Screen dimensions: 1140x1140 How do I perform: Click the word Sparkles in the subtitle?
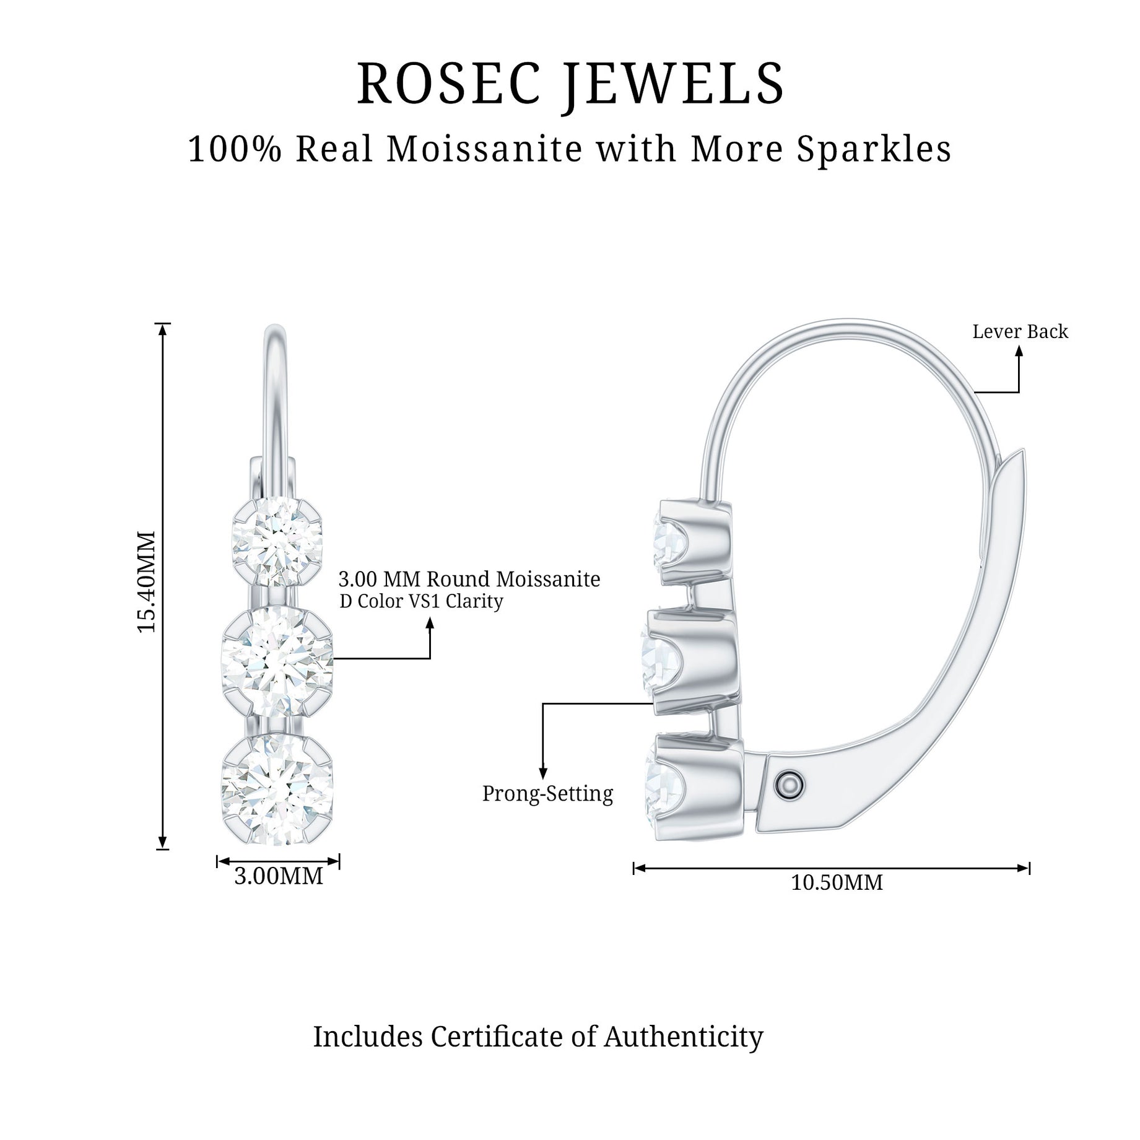pyautogui.click(x=874, y=150)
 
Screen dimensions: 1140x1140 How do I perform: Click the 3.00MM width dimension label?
pyautogui.click(x=279, y=876)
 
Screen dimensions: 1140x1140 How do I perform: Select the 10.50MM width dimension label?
pyautogui.click(x=837, y=882)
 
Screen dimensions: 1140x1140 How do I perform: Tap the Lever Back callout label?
pyautogui.click(x=1020, y=332)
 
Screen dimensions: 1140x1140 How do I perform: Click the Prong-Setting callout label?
pyautogui.click(x=547, y=793)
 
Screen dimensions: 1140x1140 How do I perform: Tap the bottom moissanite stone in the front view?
pyautogui.click(x=277, y=788)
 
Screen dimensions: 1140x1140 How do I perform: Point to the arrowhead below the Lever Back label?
pyautogui.click(x=1019, y=350)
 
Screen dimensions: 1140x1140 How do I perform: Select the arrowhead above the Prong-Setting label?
pyautogui.click(x=543, y=773)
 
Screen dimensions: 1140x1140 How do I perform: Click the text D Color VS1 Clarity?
pyautogui.click(x=421, y=601)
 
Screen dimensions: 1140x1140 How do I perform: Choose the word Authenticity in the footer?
pyautogui.click(x=684, y=1037)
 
